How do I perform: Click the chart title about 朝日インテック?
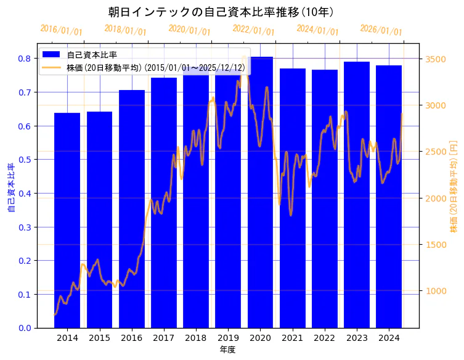pyautogui.click(x=221, y=12)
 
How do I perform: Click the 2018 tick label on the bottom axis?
pyautogui.click(x=196, y=338)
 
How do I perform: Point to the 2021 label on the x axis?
pyautogui.click(x=292, y=338)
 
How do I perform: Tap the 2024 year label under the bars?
pyautogui.click(x=389, y=338)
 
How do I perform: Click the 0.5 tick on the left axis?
pyautogui.click(x=25, y=160)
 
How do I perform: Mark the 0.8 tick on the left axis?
pyautogui.click(x=25, y=59)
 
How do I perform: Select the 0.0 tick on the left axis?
pyautogui.click(x=25, y=328)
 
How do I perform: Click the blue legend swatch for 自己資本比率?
pyautogui.click(x=52, y=55)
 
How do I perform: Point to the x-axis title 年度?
pyautogui.click(x=228, y=350)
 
